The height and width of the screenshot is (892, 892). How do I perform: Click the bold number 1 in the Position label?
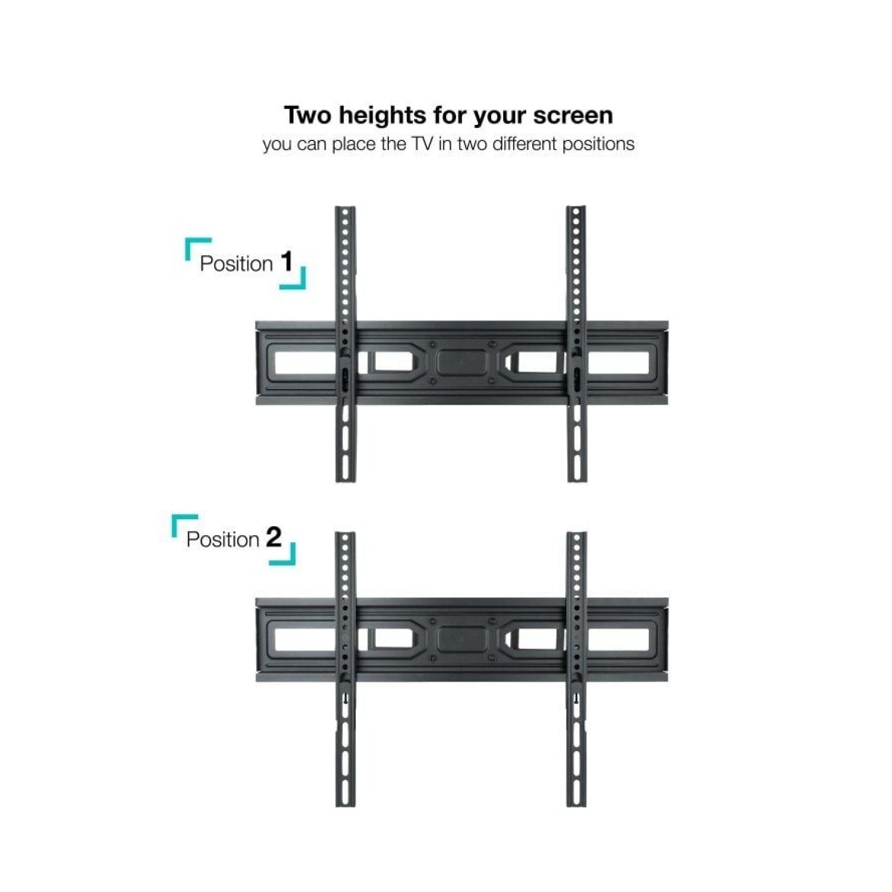pyautogui.click(x=287, y=262)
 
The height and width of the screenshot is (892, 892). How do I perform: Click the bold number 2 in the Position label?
pyautogui.click(x=274, y=538)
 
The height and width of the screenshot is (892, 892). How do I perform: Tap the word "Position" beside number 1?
pyautogui.click(x=236, y=263)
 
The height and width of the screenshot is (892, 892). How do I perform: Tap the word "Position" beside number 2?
pyautogui.click(x=222, y=539)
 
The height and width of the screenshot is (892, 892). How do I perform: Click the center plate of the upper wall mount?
pyautogui.click(x=461, y=362)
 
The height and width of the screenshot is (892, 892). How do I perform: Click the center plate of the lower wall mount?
pyautogui.click(x=461, y=639)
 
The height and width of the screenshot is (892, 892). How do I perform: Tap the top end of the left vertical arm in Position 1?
pyautogui.click(x=345, y=208)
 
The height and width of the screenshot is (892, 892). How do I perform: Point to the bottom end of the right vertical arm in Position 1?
pyautogui.click(x=576, y=480)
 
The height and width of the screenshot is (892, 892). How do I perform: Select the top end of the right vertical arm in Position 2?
pyautogui.click(x=576, y=534)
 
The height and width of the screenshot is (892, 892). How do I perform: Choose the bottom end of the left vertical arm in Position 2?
pyautogui.click(x=346, y=805)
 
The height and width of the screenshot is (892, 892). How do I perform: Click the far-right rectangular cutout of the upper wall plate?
pyautogui.click(x=618, y=363)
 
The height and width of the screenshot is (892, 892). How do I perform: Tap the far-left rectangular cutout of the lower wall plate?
pyautogui.click(x=305, y=639)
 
